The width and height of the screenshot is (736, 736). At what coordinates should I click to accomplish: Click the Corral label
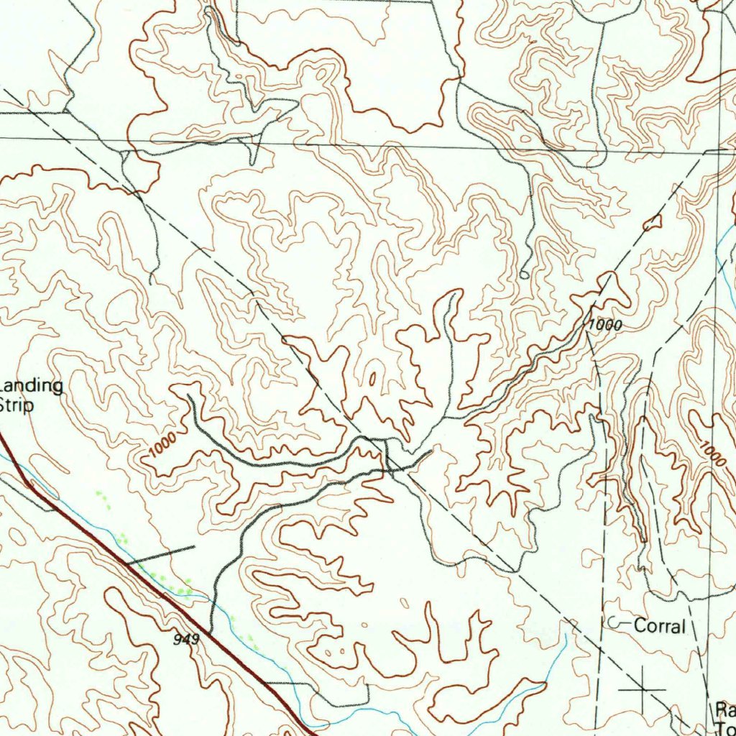659,626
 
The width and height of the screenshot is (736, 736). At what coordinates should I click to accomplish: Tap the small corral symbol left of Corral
612,622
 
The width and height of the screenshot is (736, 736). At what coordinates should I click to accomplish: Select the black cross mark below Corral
642,689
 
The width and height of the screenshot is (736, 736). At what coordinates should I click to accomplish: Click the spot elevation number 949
185,638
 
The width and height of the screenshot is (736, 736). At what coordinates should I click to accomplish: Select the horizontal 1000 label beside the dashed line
604,326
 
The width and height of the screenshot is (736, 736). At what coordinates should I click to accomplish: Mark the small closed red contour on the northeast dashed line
652,224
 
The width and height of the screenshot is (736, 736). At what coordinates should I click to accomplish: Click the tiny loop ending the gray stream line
524,275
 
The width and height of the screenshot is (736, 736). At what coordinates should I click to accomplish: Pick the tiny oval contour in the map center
372,379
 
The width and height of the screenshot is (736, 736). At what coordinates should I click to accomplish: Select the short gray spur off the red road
161,553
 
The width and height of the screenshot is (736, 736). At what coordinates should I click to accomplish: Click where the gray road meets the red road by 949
210,632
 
